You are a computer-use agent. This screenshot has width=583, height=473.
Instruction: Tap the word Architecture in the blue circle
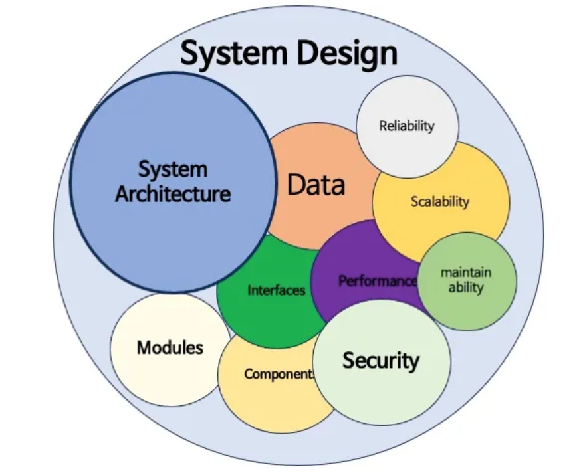[x=173, y=194]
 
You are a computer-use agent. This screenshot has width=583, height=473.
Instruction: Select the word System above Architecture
[x=173, y=169]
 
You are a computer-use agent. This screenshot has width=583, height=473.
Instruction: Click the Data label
[x=316, y=185]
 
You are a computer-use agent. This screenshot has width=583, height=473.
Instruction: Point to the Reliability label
[x=407, y=125]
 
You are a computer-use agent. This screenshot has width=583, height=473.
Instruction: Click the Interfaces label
[x=277, y=290]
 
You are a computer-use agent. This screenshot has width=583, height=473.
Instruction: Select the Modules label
[x=170, y=347]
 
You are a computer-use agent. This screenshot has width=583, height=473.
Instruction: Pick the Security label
[x=381, y=361]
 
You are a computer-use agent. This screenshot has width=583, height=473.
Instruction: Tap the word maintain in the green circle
[x=466, y=273]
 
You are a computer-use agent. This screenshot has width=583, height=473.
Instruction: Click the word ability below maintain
[x=466, y=288]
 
